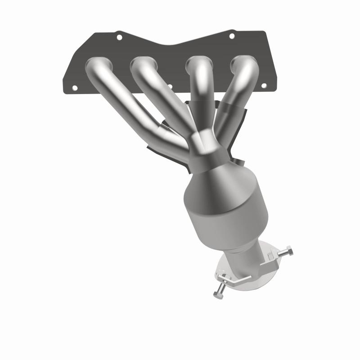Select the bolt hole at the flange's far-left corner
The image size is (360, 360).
74,87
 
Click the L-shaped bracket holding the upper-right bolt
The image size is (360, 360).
272,256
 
